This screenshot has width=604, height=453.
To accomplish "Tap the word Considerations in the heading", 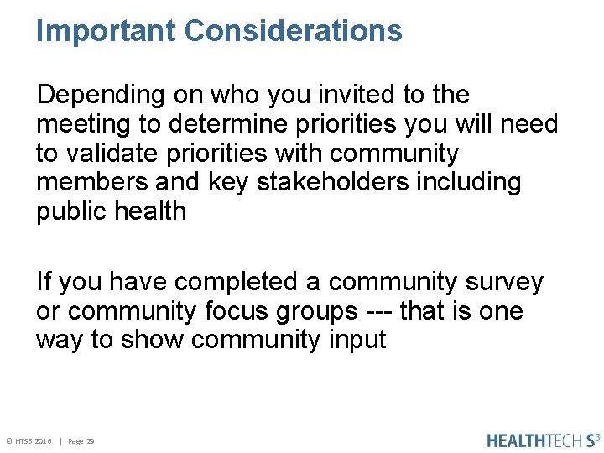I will [293, 31].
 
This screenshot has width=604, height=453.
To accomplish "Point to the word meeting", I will [84, 124].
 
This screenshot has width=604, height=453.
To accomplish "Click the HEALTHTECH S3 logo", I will [544, 440].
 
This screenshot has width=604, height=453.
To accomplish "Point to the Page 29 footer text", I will [81, 441].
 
